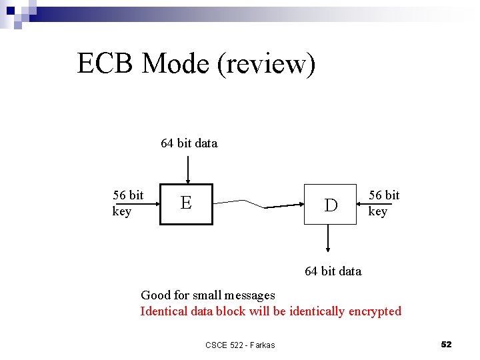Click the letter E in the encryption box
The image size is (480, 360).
click(x=186, y=203)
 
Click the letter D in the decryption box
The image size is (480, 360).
click(x=331, y=205)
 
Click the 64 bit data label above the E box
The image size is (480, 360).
click(x=189, y=143)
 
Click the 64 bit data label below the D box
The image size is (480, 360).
click(x=333, y=271)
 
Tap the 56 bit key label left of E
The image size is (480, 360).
click(x=127, y=203)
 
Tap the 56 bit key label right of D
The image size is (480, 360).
click(x=384, y=203)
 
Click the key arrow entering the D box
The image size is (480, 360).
click(x=363, y=205)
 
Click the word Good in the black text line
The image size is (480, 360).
click(x=155, y=295)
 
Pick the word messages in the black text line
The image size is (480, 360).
click(x=250, y=295)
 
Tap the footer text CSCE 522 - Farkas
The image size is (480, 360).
click(x=240, y=345)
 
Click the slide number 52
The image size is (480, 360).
click(x=446, y=344)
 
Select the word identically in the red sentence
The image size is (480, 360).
click(x=314, y=311)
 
